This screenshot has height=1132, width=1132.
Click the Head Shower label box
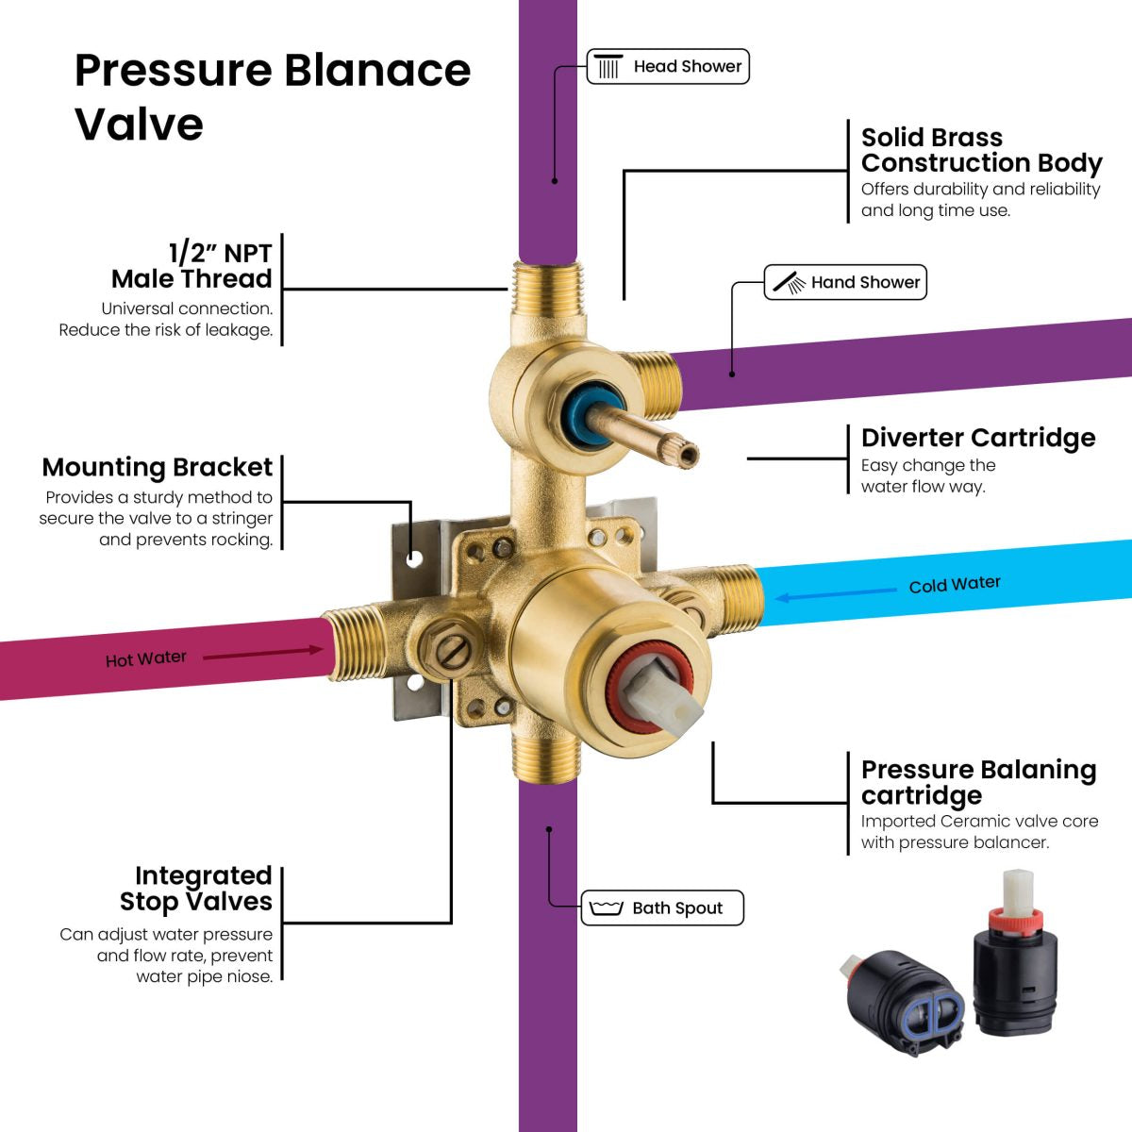point(668,67)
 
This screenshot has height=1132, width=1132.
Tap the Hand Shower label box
point(845,282)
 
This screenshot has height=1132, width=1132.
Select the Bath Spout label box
point(662,907)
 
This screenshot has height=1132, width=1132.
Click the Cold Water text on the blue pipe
point(955,584)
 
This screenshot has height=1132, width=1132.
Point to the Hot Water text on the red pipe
point(145,658)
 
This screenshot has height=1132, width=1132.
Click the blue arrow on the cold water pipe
point(834,594)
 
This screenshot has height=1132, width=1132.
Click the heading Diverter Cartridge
point(977,438)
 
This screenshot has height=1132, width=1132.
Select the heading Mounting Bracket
point(158,468)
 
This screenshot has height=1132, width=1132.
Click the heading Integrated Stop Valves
point(196,889)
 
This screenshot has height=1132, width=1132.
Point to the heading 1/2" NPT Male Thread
point(192,266)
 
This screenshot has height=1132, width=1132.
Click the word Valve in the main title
point(139,125)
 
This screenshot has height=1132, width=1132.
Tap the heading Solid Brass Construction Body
point(980,150)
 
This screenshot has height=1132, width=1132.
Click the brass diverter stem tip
point(688,454)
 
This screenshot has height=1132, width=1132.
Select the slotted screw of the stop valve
point(456,650)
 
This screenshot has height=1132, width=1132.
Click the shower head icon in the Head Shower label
point(609,67)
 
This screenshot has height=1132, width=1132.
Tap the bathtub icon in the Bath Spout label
point(606,907)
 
